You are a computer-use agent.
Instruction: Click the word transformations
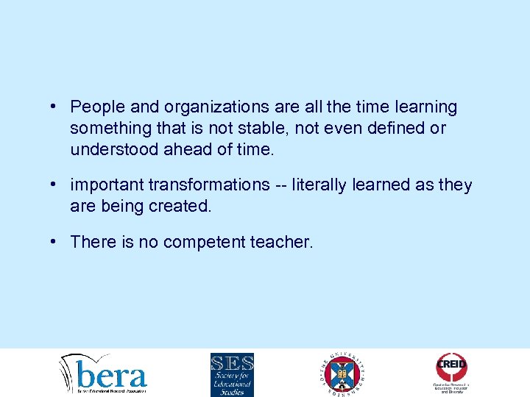coord(208,185)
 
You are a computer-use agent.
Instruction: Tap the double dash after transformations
coord(280,185)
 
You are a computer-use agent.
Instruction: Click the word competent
coord(203,241)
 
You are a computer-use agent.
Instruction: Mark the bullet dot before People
coord(55,107)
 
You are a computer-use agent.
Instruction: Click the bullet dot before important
coord(55,184)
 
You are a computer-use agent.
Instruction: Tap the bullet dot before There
coord(55,240)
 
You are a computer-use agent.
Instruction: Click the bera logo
coord(104,373)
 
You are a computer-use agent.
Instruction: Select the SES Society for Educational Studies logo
coord(232,374)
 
